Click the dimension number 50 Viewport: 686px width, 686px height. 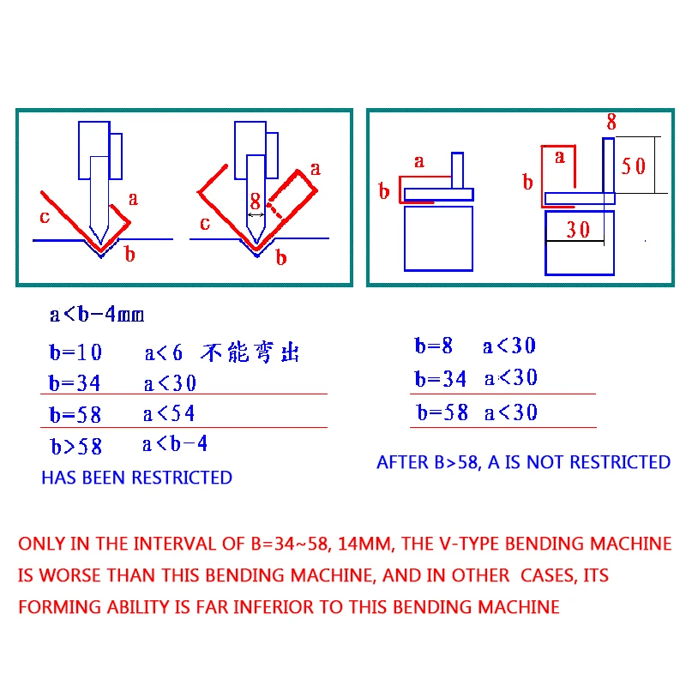[x=634, y=165]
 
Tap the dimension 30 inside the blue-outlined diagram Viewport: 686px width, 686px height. [x=579, y=229]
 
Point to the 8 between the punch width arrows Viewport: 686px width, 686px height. [x=255, y=202]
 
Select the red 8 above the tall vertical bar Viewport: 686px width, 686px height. [x=611, y=123]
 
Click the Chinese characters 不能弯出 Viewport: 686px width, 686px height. [x=251, y=352]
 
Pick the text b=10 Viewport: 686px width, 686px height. [x=75, y=352]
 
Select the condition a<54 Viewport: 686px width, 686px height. [x=169, y=414]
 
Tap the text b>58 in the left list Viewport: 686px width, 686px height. [x=75, y=446]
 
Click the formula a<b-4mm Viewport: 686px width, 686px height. [x=97, y=315]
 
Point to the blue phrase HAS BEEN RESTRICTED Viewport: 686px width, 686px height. [x=136, y=478]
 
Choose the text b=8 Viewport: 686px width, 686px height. [x=434, y=346]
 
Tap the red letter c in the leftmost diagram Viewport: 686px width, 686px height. [x=45, y=216]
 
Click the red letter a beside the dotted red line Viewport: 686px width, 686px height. [x=315, y=169]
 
